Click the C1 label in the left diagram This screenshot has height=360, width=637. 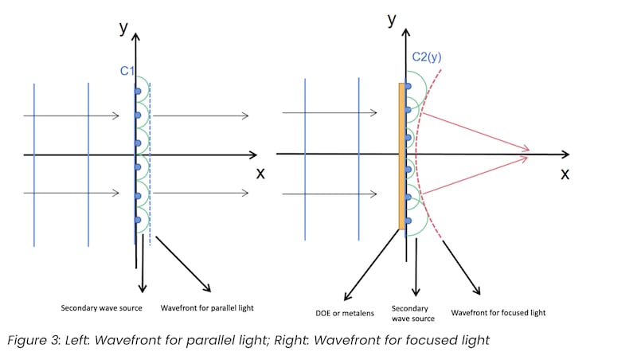[127, 72]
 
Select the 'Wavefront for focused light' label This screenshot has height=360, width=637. [498, 312]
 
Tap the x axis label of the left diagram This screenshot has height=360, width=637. [260, 172]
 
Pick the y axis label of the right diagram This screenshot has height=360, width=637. [392, 22]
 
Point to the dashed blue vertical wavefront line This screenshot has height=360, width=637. [150, 159]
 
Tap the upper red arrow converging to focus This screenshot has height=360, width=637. [475, 130]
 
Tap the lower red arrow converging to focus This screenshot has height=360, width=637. [475, 176]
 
